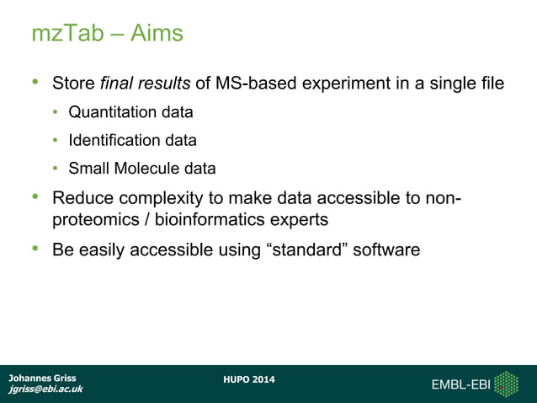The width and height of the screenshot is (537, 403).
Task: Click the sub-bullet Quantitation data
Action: (x=130, y=112)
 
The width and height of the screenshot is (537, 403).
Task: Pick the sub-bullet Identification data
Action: (x=132, y=140)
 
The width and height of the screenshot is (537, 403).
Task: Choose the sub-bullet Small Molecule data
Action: (x=141, y=169)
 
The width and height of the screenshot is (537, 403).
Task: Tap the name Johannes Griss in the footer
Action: (x=42, y=378)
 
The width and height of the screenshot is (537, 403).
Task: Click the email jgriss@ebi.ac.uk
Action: (x=45, y=390)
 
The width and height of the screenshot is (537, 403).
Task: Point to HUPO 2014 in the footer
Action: (x=249, y=379)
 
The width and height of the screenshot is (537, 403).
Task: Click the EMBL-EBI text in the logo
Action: (x=460, y=385)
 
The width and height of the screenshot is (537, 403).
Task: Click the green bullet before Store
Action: (x=35, y=83)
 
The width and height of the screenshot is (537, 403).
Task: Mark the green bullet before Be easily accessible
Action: (x=35, y=249)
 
